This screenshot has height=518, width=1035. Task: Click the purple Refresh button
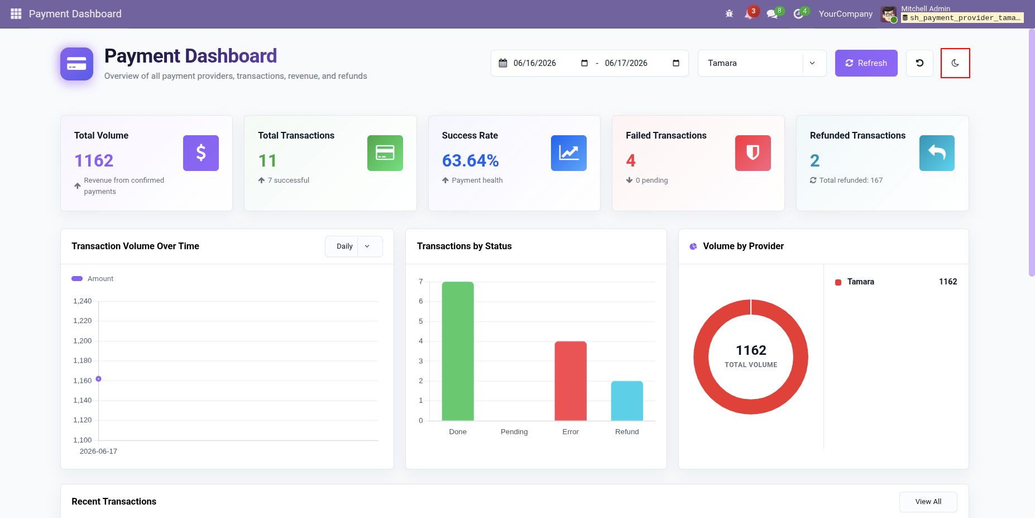866,63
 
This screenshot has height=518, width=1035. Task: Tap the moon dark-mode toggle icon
955,63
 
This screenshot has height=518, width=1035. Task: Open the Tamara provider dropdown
761,63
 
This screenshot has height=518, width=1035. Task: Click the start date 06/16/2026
534,63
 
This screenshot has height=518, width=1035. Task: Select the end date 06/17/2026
626,63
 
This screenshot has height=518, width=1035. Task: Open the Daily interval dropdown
353,246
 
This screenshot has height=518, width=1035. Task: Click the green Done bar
458,351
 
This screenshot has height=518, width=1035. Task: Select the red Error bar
571,381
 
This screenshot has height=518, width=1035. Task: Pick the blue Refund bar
627,401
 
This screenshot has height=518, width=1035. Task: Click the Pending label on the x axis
514,432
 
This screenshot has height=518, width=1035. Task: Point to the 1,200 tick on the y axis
83,341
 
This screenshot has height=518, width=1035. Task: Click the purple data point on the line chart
98,379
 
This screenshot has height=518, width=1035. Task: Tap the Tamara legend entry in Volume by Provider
860,282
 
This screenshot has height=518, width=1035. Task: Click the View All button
928,502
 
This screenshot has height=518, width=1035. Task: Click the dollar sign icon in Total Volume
201,153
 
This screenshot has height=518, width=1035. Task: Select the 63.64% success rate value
471,161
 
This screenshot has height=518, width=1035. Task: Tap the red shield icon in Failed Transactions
753,153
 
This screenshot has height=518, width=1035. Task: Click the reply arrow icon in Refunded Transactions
937,153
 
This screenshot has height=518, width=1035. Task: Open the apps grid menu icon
16,14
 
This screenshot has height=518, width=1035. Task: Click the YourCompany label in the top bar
845,14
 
